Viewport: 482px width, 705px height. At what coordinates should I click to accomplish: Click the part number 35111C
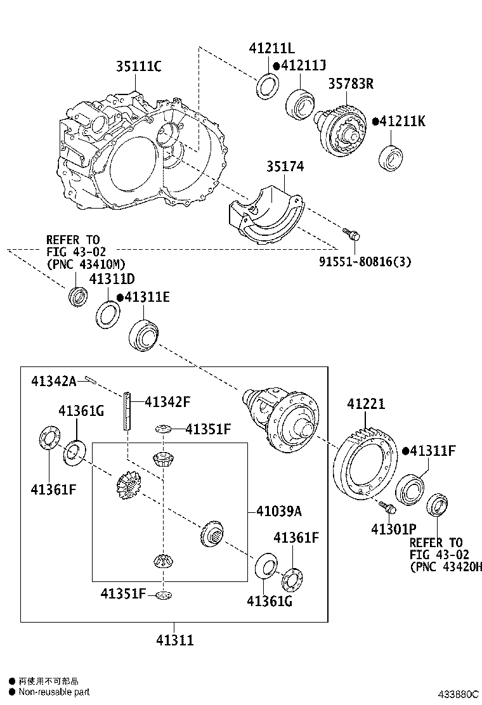(138, 67)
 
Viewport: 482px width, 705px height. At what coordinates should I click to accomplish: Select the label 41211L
(272, 49)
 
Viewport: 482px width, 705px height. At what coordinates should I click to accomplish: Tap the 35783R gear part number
(351, 84)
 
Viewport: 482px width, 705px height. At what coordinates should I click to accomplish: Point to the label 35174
(285, 166)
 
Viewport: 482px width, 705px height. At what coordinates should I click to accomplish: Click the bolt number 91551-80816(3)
(365, 261)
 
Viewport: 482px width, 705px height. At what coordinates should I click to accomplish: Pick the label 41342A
(54, 381)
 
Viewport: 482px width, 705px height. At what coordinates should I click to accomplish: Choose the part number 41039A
(279, 511)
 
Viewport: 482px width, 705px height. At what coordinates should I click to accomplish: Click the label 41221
(366, 404)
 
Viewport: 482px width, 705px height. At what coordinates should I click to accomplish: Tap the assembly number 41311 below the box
(175, 640)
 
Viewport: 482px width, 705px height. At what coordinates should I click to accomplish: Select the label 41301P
(394, 529)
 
